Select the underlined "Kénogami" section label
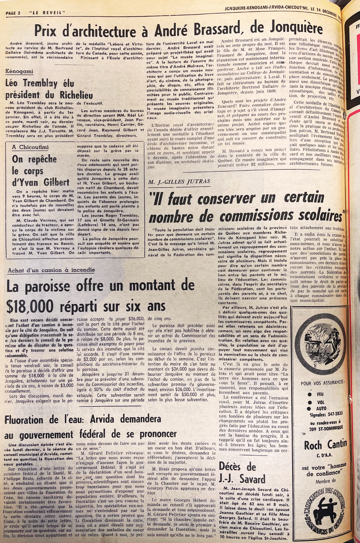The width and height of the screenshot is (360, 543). tap(19, 72)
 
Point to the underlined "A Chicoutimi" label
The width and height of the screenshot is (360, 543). tap(30, 147)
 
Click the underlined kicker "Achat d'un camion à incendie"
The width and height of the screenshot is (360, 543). tap(51, 270)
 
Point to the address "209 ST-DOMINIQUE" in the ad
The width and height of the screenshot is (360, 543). tap(326, 429)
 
